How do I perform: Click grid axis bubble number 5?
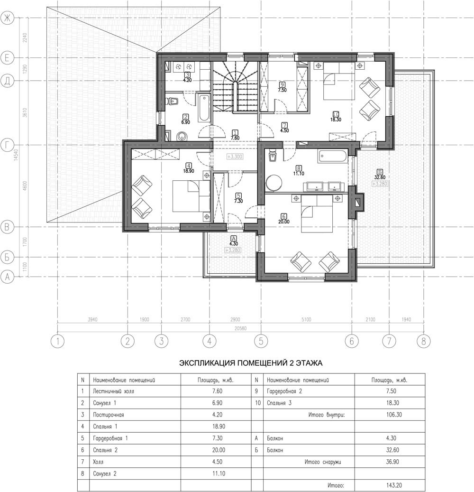[x=261, y=341]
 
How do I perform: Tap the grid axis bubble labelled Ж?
[x=7, y=18]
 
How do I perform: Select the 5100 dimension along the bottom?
[x=306, y=319]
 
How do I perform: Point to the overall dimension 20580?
[x=240, y=328]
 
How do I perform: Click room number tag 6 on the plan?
[x=284, y=216]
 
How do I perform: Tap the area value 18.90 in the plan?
[x=188, y=171]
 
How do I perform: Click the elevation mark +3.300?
[x=235, y=156]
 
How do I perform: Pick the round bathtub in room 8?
[x=273, y=183]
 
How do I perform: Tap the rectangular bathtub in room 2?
[x=204, y=108]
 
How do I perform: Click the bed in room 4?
[x=191, y=196]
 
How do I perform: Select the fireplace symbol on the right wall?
[x=357, y=203]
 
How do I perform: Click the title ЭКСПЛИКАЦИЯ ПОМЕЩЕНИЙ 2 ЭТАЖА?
[x=251, y=363]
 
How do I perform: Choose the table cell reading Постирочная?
[x=109, y=415]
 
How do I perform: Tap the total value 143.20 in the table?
[x=394, y=485]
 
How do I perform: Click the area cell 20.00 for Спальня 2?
[x=219, y=450]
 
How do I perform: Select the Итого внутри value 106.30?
[x=394, y=415]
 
